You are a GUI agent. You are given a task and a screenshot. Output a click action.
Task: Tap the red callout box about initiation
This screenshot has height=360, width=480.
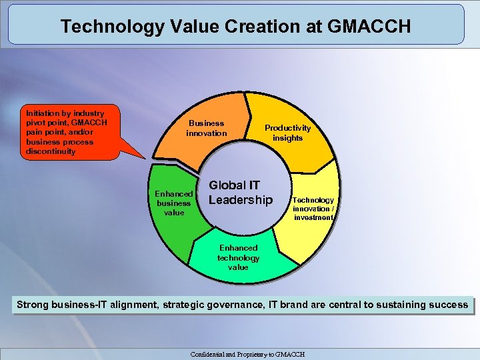(x=63, y=132)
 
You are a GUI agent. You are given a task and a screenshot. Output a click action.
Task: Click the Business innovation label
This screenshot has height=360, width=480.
(x=206, y=128)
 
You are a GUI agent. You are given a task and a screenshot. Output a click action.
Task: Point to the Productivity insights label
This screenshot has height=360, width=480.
(x=287, y=133)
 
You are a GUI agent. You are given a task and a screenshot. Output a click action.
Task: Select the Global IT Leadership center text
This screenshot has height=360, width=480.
(x=241, y=192)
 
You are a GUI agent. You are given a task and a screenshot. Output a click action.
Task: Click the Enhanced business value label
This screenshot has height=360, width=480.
(x=174, y=203)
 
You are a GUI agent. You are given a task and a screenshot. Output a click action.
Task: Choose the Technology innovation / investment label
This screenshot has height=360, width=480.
(x=313, y=209)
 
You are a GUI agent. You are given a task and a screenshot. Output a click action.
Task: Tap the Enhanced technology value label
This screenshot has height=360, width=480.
(x=238, y=257)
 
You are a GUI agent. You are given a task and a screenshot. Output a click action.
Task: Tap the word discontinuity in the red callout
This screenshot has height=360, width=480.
(x=51, y=151)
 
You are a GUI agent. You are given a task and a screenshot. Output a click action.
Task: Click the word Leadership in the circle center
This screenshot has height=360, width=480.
(x=241, y=200)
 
